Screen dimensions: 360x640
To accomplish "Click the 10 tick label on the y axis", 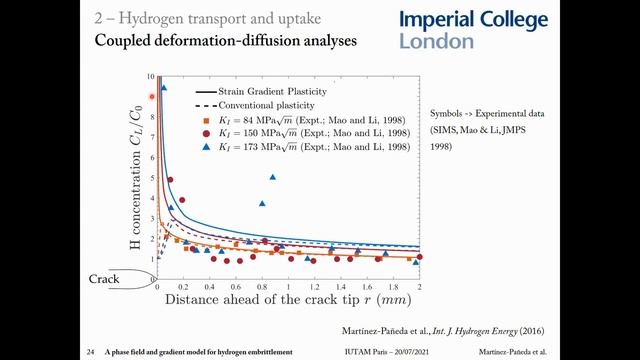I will coord(150,76).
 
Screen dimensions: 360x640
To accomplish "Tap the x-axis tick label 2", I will coord(419,286).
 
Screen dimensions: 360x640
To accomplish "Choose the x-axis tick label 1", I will coord(288,286).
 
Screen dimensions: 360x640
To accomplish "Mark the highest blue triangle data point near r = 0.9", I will coord(272,177).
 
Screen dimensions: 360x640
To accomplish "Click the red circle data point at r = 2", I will coord(419,257).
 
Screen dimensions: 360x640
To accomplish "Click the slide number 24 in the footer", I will coord(90,351).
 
